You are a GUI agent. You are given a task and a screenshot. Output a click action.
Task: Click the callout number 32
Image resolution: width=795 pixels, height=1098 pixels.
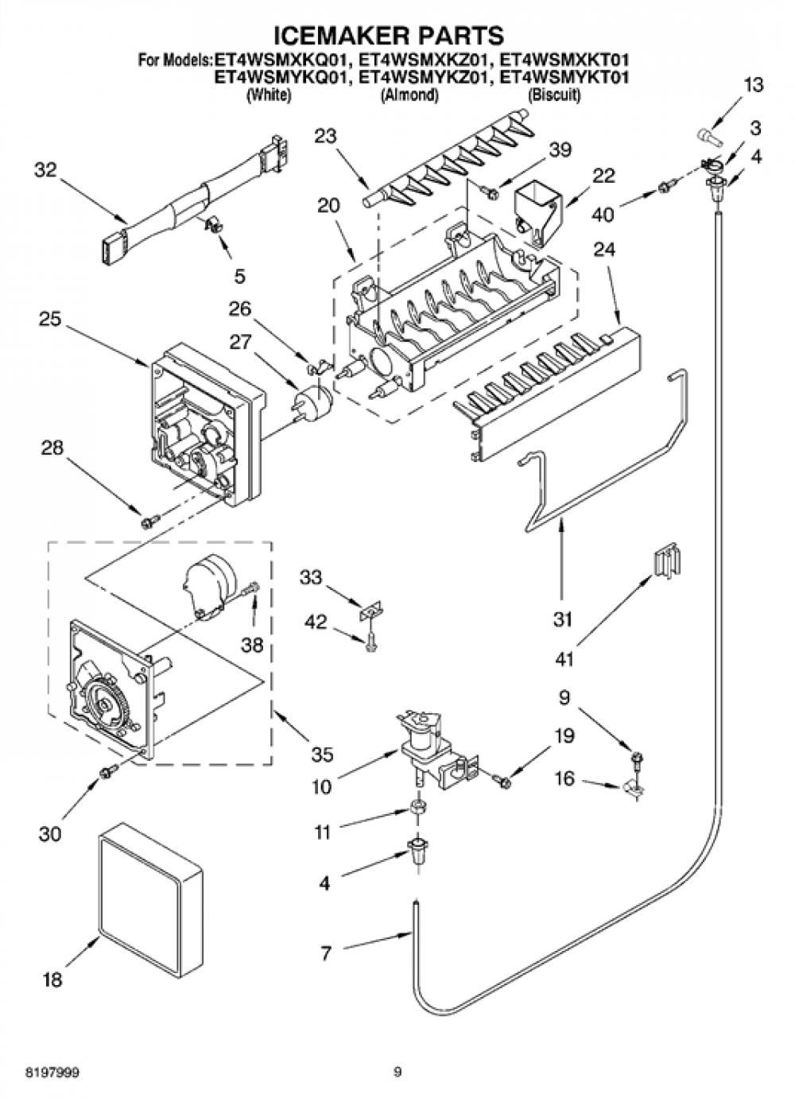[x=45, y=171]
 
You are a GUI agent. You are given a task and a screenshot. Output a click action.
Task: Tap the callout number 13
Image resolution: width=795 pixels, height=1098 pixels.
[x=754, y=85]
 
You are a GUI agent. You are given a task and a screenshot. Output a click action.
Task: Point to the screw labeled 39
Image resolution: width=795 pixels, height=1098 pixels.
[x=491, y=192]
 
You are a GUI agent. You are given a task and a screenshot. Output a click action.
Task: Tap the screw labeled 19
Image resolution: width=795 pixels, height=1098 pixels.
[x=501, y=780]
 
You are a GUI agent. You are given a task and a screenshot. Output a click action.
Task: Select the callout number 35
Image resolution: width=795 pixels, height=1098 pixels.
[x=323, y=754]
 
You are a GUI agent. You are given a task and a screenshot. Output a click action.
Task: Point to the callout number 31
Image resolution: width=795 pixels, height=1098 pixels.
[x=563, y=619]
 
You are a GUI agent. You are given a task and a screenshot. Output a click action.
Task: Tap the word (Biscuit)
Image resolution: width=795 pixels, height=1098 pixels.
[x=554, y=95]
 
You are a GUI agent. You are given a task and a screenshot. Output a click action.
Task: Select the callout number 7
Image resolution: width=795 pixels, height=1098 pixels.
[x=326, y=953]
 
